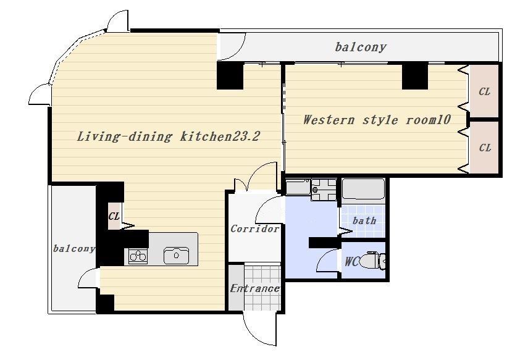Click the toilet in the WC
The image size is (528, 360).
(x=373, y=260)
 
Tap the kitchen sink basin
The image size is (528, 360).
(x=177, y=256)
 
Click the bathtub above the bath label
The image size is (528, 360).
(x=363, y=190)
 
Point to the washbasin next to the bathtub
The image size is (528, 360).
(x=324, y=190)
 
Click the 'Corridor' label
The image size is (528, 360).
(x=255, y=229)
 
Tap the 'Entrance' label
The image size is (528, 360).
(x=255, y=288)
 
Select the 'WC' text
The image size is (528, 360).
(x=351, y=262)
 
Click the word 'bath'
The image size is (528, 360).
(x=364, y=221)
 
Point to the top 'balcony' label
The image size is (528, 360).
(x=361, y=47)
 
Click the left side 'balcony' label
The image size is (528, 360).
(x=74, y=249)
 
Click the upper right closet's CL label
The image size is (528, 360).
(x=484, y=91)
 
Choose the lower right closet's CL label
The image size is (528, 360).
(x=485, y=148)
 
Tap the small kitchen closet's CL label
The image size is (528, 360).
(x=114, y=216)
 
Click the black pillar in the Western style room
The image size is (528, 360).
(x=415, y=77)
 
